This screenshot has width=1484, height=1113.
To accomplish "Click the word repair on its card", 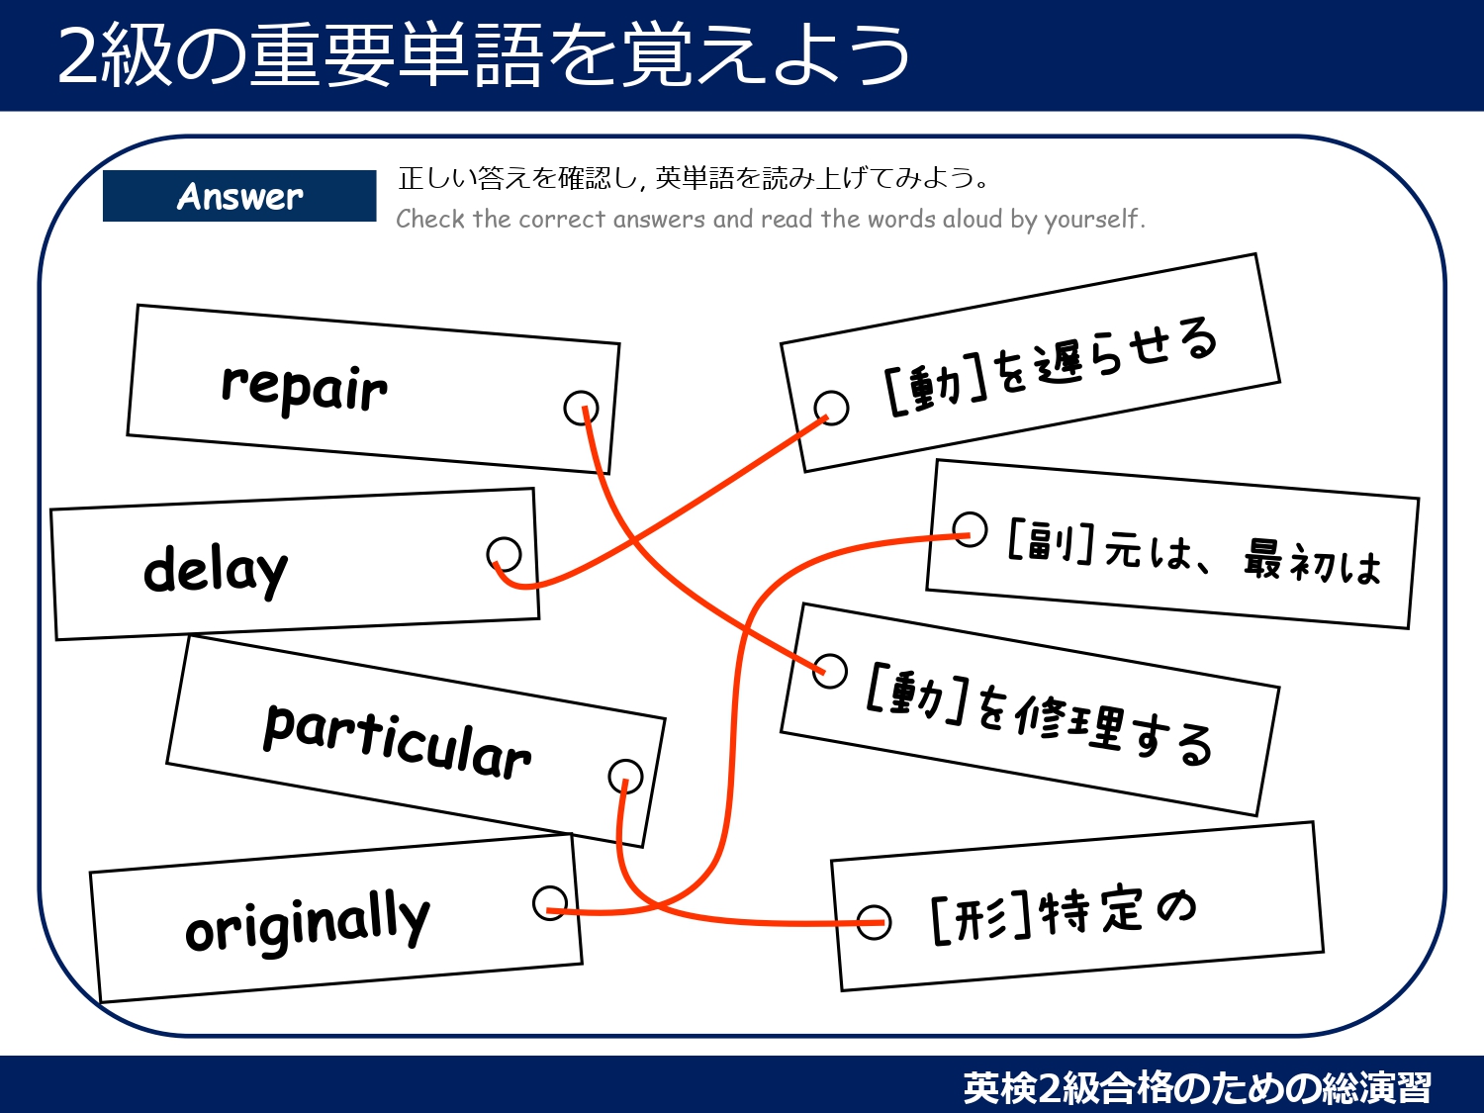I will (304, 387).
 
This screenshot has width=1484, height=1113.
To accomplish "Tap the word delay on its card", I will (216, 571).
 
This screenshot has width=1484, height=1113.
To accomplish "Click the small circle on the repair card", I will (581, 407).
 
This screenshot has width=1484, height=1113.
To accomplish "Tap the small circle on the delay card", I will (505, 554).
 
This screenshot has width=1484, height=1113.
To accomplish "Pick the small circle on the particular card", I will (625, 777).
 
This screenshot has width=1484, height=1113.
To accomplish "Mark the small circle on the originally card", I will (550, 902).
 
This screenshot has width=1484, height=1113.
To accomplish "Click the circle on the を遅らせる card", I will (831, 407).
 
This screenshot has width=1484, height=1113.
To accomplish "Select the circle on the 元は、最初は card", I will (970, 529).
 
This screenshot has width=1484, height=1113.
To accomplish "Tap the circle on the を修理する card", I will (830, 670).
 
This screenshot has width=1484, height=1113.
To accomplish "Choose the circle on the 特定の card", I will (874, 922).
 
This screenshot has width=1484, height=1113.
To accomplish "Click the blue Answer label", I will (239, 196).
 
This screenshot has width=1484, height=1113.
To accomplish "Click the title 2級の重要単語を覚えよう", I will (484, 55).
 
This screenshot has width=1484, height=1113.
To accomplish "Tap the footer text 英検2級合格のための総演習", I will (1197, 1087).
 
